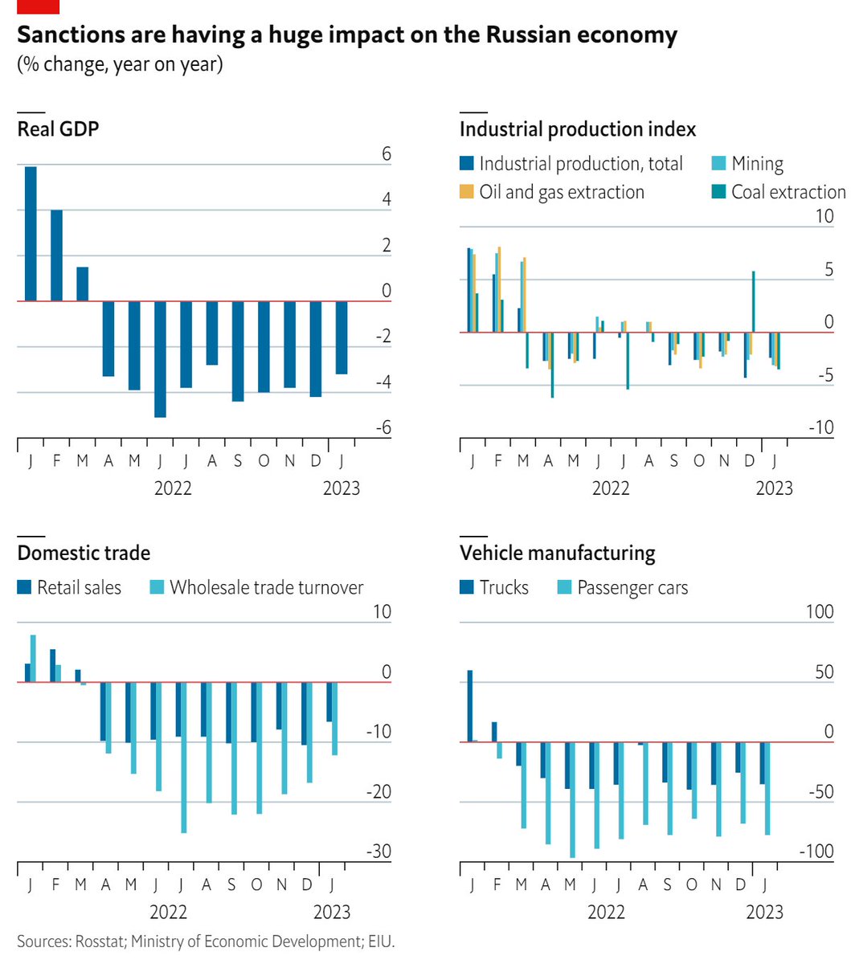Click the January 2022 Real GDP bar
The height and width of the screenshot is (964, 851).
[31, 233]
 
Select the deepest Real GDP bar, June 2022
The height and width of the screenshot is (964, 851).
[160, 358]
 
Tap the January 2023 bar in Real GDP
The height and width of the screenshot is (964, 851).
[342, 337]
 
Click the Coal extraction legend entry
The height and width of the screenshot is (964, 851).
[788, 192]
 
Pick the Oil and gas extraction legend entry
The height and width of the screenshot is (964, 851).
[561, 192]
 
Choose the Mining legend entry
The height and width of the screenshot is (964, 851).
[756, 164]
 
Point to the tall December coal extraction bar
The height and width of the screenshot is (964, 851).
[753, 301]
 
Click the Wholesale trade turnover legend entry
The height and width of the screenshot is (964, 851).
[266, 587]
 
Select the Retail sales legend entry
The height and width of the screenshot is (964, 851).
[79, 587]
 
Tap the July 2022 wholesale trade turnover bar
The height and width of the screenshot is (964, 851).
[184, 757]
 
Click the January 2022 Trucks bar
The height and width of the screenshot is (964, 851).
[470, 705]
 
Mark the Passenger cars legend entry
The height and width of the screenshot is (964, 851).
[632, 587]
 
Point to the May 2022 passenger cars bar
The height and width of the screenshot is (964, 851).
[573, 799]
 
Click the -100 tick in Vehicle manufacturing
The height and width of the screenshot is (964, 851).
[818, 852]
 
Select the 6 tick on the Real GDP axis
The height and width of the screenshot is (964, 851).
[386, 153]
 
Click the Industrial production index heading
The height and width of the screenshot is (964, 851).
[577, 129]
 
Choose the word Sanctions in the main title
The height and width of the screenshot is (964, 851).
[68, 36]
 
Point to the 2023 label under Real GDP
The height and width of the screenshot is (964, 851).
[341, 488]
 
